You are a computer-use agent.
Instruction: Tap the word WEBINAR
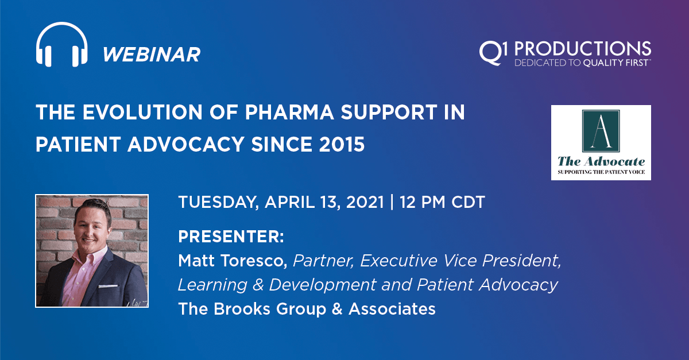(152, 55)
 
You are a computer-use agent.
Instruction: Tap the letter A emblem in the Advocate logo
(601, 130)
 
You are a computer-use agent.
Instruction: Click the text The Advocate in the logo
(601, 162)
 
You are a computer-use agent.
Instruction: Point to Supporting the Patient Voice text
(601, 172)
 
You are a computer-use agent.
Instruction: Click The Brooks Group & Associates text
(307, 309)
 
